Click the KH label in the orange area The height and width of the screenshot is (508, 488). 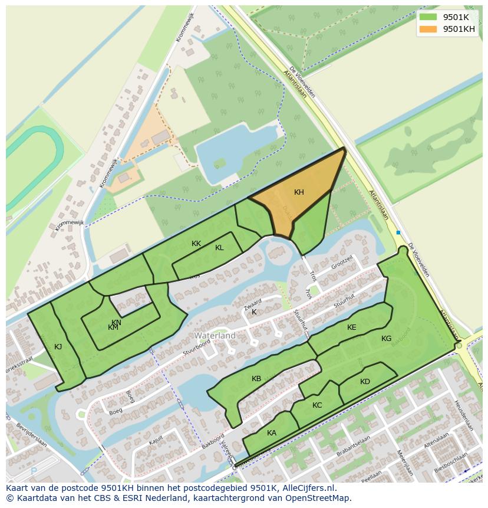299,192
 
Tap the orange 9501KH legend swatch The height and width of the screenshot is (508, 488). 428,29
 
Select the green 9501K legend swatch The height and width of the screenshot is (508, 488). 428,17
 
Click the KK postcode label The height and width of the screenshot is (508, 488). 196,244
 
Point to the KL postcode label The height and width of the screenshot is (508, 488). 219,248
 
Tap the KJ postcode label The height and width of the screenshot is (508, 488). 58,347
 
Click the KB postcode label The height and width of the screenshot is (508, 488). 256,379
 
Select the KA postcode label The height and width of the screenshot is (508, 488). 272,433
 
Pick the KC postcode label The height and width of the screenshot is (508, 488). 317,405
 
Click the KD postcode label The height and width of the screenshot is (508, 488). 365,382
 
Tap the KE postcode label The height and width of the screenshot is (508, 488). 352,327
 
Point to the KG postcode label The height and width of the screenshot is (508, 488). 386,339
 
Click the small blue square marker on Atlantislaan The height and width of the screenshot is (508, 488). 398,232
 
